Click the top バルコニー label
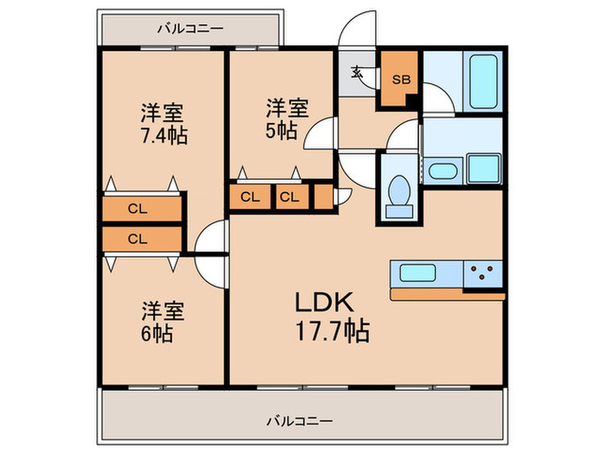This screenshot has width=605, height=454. tap(190, 29)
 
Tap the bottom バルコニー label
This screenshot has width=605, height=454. tap(298, 421)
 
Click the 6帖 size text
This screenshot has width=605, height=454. tap(158, 333)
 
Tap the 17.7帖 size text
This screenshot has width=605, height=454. tap(333, 330)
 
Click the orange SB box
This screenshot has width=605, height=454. tap(399, 80)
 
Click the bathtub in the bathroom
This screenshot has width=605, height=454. tap(480, 82)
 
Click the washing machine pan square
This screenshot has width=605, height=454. tap(484, 168)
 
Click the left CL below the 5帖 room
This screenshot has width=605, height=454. tap(250, 197)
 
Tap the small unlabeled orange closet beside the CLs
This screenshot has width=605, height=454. tap(323, 197)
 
